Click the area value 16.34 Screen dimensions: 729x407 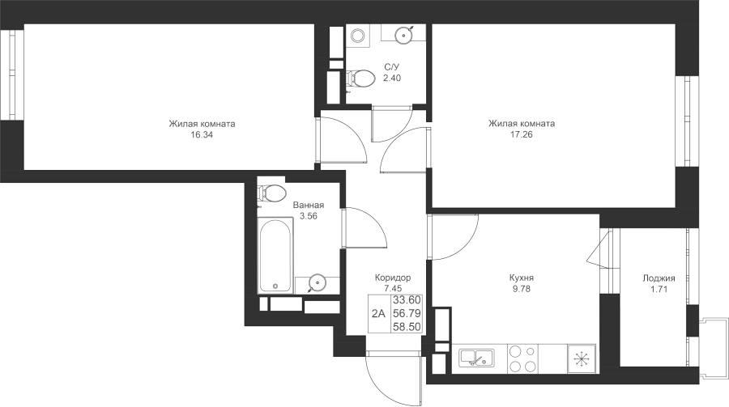tap(202, 135)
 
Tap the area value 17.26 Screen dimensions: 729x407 tap(521, 134)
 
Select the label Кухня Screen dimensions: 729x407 tap(521, 278)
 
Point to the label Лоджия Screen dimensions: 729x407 tap(659, 278)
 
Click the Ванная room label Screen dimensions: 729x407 tap(309, 205)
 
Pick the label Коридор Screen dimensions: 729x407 tap(393, 278)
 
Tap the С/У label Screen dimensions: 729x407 tap(391, 67)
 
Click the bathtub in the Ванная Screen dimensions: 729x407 tap(275, 256)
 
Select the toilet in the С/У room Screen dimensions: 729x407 tap(360, 78)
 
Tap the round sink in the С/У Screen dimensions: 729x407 tap(404, 34)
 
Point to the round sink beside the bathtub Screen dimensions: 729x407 tap(317, 282)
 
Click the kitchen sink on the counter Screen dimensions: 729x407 tap(476, 358)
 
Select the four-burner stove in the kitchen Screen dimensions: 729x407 tap(522, 358)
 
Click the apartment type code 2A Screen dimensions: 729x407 tap(378, 314)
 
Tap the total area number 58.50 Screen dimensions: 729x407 tap(407, 327)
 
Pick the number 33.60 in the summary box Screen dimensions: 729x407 tap(407, 300)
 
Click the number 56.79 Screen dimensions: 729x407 tap(407, 314)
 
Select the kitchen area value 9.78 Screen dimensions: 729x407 tap(521, 289)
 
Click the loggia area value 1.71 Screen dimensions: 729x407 tap(659, 290)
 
